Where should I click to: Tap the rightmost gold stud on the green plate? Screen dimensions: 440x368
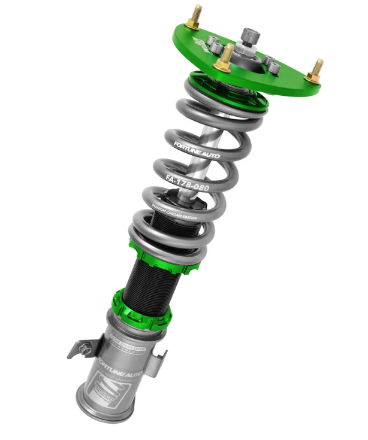coord(315,69)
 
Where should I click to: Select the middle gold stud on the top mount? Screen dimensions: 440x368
coord(227,56)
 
